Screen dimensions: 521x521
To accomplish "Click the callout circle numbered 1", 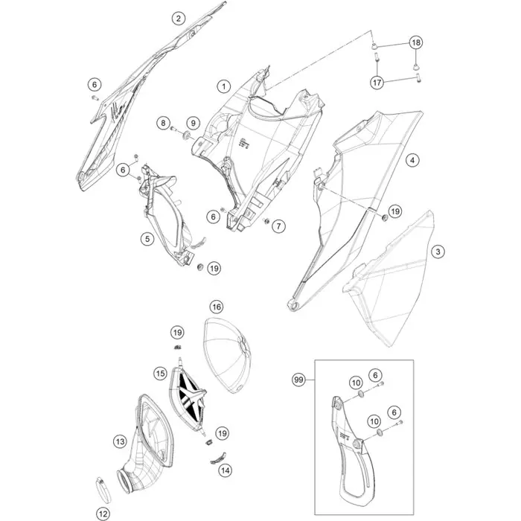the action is coord(224,87).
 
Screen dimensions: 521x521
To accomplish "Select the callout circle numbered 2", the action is coord(179,18).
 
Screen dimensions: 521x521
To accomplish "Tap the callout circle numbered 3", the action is coord(438,252).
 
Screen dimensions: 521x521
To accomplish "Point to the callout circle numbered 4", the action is coord(412,160).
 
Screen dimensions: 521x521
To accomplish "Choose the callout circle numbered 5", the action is coord(147,239).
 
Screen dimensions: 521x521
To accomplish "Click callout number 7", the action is coord(278,226).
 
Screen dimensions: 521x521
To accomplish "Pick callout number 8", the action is coord(163,124).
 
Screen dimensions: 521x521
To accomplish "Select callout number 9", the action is coord(194,124).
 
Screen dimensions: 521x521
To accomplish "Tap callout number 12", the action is coord(103,514).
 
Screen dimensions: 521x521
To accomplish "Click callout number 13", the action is coord(120,441).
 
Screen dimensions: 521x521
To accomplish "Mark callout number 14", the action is coord(225,470).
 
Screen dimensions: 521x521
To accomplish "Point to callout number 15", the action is coord(161,374).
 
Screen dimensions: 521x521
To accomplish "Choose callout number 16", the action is coord(217,307).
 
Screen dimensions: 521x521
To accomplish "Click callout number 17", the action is coord(377,82).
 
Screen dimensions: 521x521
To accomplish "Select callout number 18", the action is coord(416,42).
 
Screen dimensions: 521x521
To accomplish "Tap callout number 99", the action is coord(298,380).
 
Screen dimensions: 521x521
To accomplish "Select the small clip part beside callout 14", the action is coord(218,458).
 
